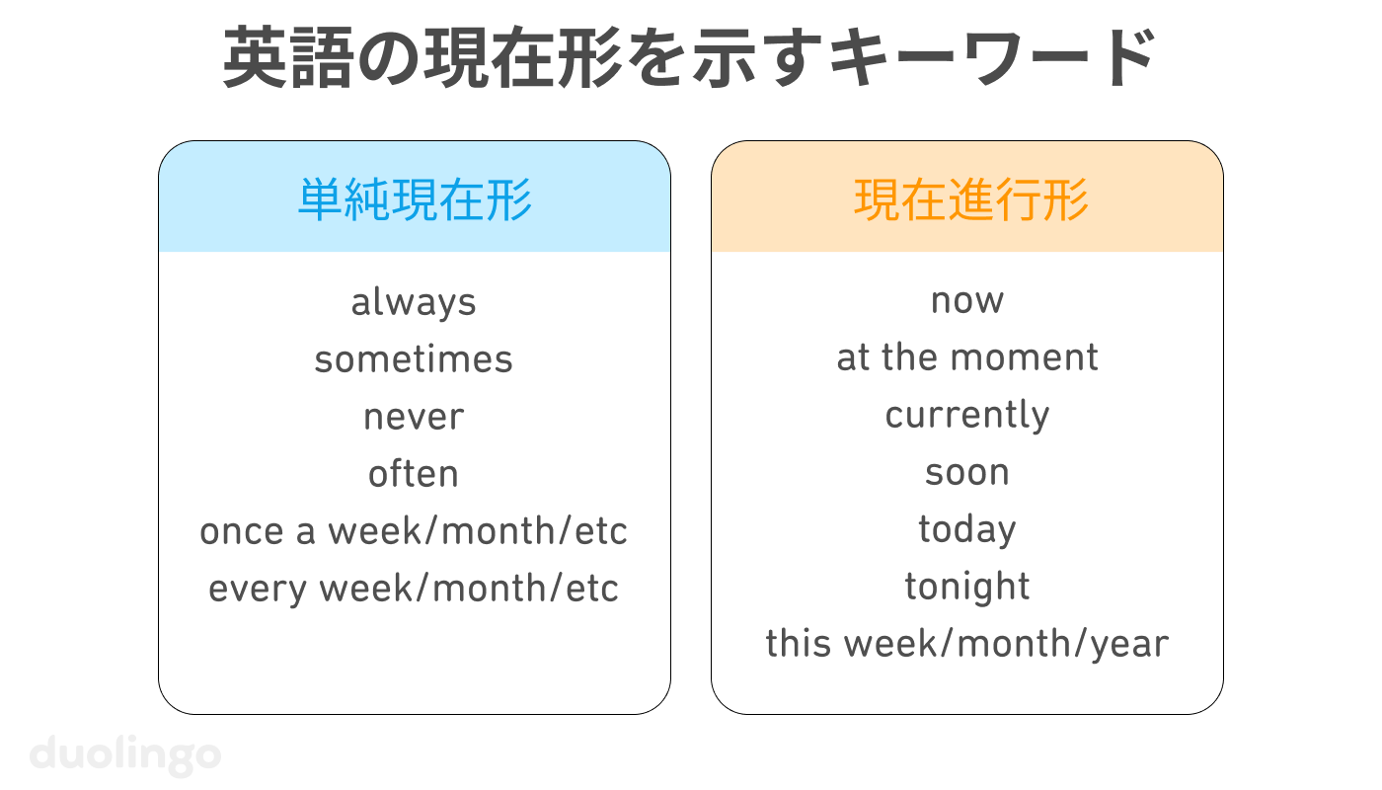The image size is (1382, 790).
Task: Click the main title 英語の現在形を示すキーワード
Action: point(690,59)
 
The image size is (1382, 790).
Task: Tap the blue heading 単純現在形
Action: point(415,200)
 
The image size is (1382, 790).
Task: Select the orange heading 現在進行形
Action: point(971,200)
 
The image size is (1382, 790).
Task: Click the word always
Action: point(414,301)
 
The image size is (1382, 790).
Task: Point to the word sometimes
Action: point(414,358)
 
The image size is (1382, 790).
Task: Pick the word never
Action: point(414,417)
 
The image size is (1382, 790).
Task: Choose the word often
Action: point(414,474)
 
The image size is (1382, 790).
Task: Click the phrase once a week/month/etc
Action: point(414,531)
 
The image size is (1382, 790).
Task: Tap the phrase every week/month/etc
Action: point(414,589)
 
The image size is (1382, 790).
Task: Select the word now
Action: point(967,300)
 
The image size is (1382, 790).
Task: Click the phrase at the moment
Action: point(967,357)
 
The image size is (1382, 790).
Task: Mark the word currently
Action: point(967,415)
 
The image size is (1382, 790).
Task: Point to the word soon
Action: point(967,472)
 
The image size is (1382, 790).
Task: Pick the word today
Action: point(967,529)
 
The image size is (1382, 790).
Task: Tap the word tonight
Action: point(967,587)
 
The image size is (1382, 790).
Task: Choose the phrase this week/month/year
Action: point(967,644)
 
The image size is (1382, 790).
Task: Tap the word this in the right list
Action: point(796,644)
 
